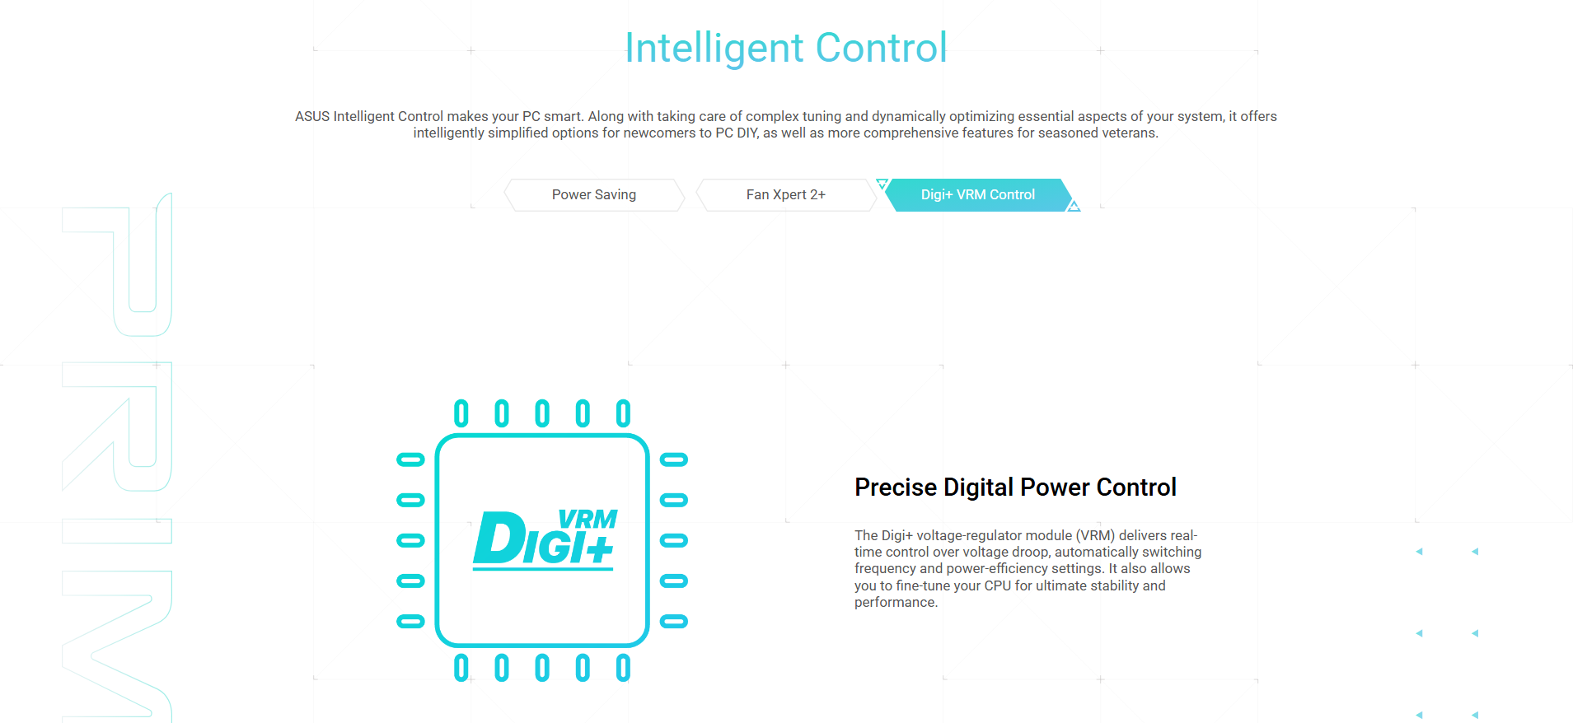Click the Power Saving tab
click(x=594, y=195)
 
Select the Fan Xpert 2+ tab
click(x=786, y=195)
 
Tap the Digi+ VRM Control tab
click(x=978, y=195)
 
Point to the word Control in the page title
click(x=882, y=48)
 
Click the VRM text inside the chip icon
click(x=588, y=520)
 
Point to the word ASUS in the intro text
click(x=312, y=116)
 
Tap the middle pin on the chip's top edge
click(x=542, y=413)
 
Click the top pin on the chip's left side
click(x=410, y=459)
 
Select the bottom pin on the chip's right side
click(x=674, y=622)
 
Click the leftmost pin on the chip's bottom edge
click(x=461, y=668)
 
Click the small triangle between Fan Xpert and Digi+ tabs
click(x=882, y=184)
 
